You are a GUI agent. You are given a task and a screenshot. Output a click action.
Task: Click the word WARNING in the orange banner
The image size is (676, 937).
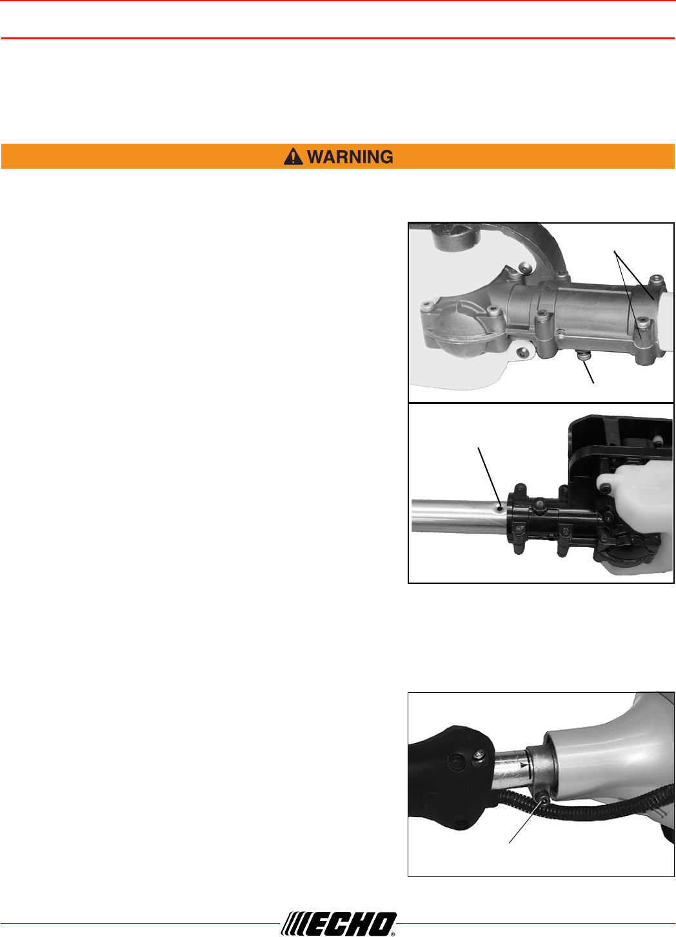350,157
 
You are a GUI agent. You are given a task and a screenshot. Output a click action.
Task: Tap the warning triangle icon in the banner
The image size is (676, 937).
293,157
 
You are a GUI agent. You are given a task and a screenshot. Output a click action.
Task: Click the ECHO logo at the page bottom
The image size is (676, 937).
338,923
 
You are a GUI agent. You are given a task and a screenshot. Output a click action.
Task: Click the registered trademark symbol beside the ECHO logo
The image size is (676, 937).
393,933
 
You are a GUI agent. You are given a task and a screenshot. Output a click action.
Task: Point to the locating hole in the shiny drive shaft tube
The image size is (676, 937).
500,508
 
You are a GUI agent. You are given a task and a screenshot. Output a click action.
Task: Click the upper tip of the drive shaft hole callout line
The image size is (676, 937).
479,448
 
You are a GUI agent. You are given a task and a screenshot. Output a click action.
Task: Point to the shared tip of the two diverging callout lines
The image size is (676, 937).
614,251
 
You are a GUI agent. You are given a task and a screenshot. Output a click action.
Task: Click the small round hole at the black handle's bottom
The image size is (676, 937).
461,833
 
